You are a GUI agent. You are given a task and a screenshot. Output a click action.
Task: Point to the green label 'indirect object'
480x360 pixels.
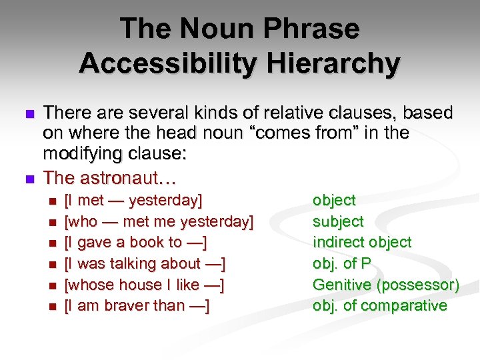(362, 242)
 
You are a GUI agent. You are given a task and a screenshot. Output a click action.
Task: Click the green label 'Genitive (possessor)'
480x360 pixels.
(386, 285)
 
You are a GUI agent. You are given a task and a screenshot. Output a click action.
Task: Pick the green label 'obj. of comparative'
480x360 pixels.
(380, 306)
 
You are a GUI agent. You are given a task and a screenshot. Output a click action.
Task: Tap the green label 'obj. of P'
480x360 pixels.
(341, 263)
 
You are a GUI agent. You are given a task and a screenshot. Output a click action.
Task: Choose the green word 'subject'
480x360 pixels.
(338, 221)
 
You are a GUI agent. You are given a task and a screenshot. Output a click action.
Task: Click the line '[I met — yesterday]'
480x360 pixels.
(133, 200)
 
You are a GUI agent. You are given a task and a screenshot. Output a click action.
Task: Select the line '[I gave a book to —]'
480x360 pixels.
(135, 242)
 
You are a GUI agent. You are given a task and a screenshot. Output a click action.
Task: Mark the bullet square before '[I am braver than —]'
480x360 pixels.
(53, 307)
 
